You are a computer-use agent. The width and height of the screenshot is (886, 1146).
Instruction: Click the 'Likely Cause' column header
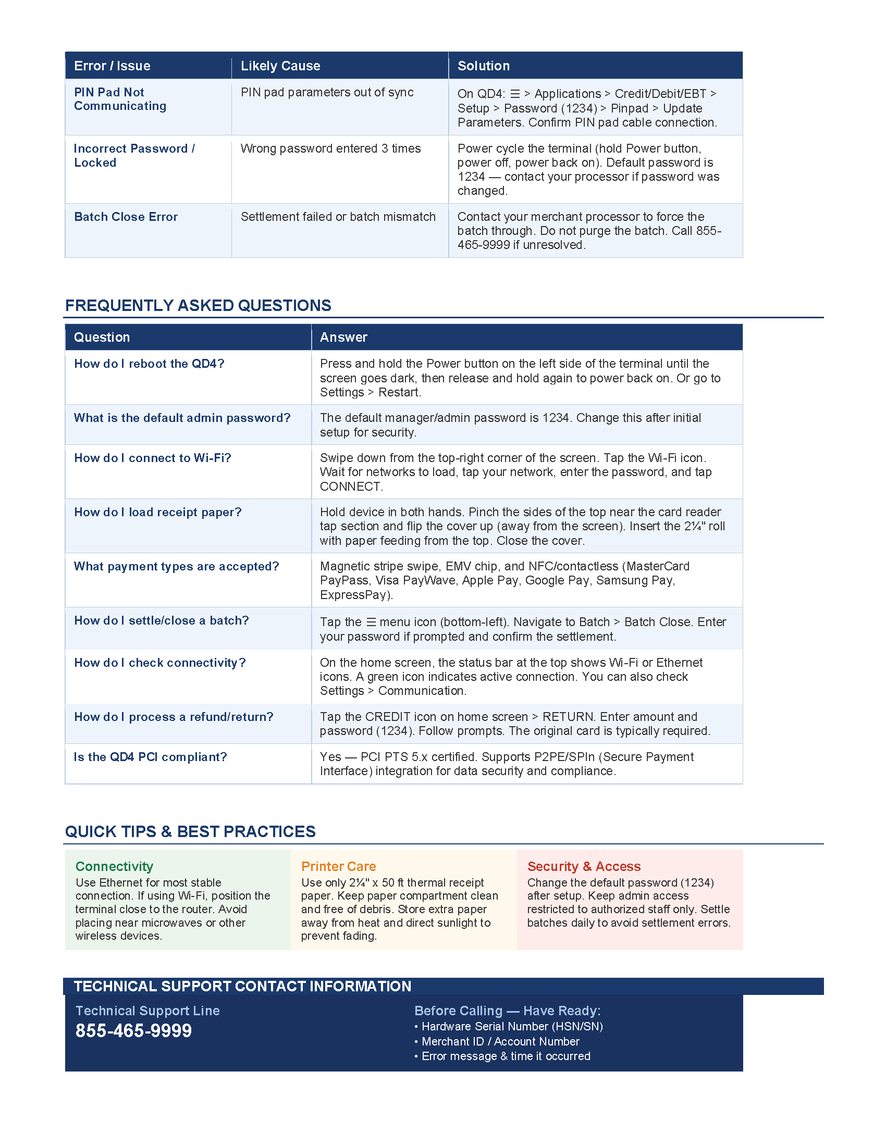point(280,66)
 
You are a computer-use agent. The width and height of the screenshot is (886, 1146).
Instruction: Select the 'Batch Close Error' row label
point(126,217)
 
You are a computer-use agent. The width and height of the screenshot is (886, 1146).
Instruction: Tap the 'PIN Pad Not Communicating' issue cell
point(120,99)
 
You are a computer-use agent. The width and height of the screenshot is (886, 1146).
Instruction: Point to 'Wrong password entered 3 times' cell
point(330,148)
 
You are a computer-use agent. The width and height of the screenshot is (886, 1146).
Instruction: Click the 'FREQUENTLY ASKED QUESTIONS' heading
point(198,305)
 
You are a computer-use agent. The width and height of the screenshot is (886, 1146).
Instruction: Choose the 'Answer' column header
point(344,338)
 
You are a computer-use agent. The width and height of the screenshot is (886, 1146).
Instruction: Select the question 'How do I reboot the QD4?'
point(149,364)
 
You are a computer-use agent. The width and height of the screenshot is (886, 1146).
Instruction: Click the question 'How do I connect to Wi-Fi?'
point(152,458)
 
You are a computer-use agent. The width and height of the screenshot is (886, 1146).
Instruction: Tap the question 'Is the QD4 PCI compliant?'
point(150,757)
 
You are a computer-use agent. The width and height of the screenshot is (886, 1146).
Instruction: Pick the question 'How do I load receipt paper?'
point(157,512)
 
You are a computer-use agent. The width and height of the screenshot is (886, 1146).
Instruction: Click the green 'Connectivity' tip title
point(115,866)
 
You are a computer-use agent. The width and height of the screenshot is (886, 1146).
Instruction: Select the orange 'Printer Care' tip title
point(339,866)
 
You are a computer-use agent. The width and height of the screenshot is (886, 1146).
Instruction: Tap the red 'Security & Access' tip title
point(584,866)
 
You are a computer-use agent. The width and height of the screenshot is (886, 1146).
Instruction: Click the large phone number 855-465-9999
point(134,1031)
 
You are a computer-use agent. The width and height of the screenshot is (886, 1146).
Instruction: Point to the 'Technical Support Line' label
point(147,1011)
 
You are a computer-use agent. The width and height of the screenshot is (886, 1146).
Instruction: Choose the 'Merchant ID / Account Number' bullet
point(500,1042)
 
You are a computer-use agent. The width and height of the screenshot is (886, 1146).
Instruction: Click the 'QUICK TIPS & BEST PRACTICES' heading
point(190,832)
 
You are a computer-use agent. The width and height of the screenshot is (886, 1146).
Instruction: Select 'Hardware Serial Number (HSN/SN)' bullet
point(512,1026)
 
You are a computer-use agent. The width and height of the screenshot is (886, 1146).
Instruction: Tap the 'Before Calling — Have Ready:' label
point(507,1011)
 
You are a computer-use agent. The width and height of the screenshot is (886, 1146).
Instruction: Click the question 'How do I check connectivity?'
point(159,663)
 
